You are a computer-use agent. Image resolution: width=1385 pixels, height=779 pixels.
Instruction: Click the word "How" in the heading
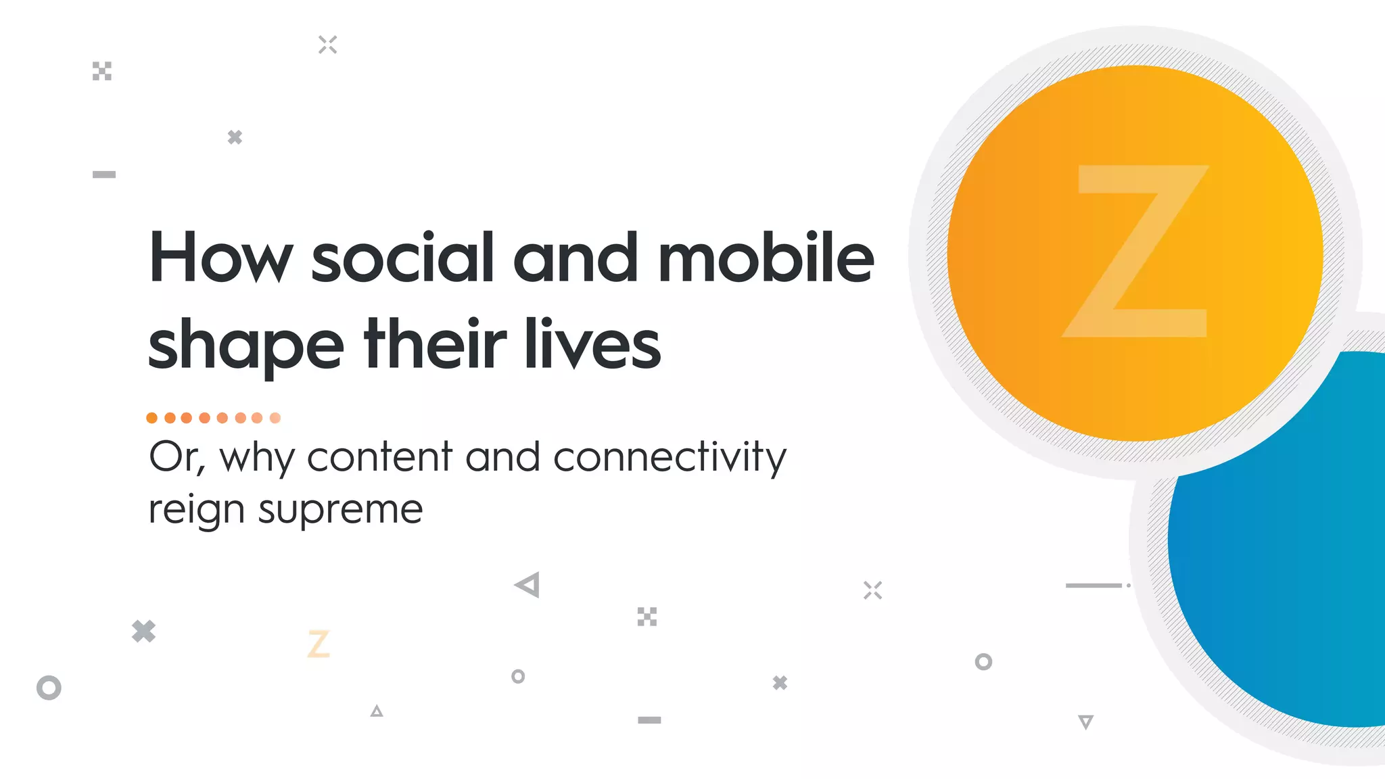pyautogui.click(x=220, y=258)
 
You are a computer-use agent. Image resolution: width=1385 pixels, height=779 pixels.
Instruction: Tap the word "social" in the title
pyautogui.click(x=402, y=258)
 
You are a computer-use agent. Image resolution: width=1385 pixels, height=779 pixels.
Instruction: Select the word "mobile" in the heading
pyautogui.click(x=766, y=258)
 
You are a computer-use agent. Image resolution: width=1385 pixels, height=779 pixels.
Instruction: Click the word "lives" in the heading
pyautogui.click(x=592, y=345)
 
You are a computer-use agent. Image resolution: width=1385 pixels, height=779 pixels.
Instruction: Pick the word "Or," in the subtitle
pyautogui.click(x=177, y=458)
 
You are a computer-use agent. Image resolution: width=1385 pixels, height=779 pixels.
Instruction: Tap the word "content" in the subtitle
pyautogui.click(x=379, y=458)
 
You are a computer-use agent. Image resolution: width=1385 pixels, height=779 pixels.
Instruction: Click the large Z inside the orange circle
pyautogui.click(x=1135, y=252)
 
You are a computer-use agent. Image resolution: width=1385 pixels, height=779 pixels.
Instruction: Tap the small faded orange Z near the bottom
pyautogui.click(x=319, y=643)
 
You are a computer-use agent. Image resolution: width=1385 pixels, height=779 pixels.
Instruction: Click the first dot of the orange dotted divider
pyautogui.click(x=152, y=418)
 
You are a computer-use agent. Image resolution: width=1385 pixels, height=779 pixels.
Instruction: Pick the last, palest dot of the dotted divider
pyautogui.click(x=275, y=418)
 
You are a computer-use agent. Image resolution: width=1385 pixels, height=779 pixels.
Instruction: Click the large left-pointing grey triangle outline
pyautogui.click(x=528, y=585)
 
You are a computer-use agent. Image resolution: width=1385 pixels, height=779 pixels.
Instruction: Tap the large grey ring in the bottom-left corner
pyautogui.click(x=49, y=688)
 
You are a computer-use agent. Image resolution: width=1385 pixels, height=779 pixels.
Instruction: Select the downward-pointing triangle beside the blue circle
pyautogui.click(x=1085, y=722)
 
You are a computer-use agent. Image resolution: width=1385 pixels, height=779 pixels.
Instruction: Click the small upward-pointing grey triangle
pyautogui.click(x=377, y=711)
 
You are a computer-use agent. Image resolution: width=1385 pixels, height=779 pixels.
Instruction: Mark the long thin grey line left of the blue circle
pyautogui.click(x=1094, y=586)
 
